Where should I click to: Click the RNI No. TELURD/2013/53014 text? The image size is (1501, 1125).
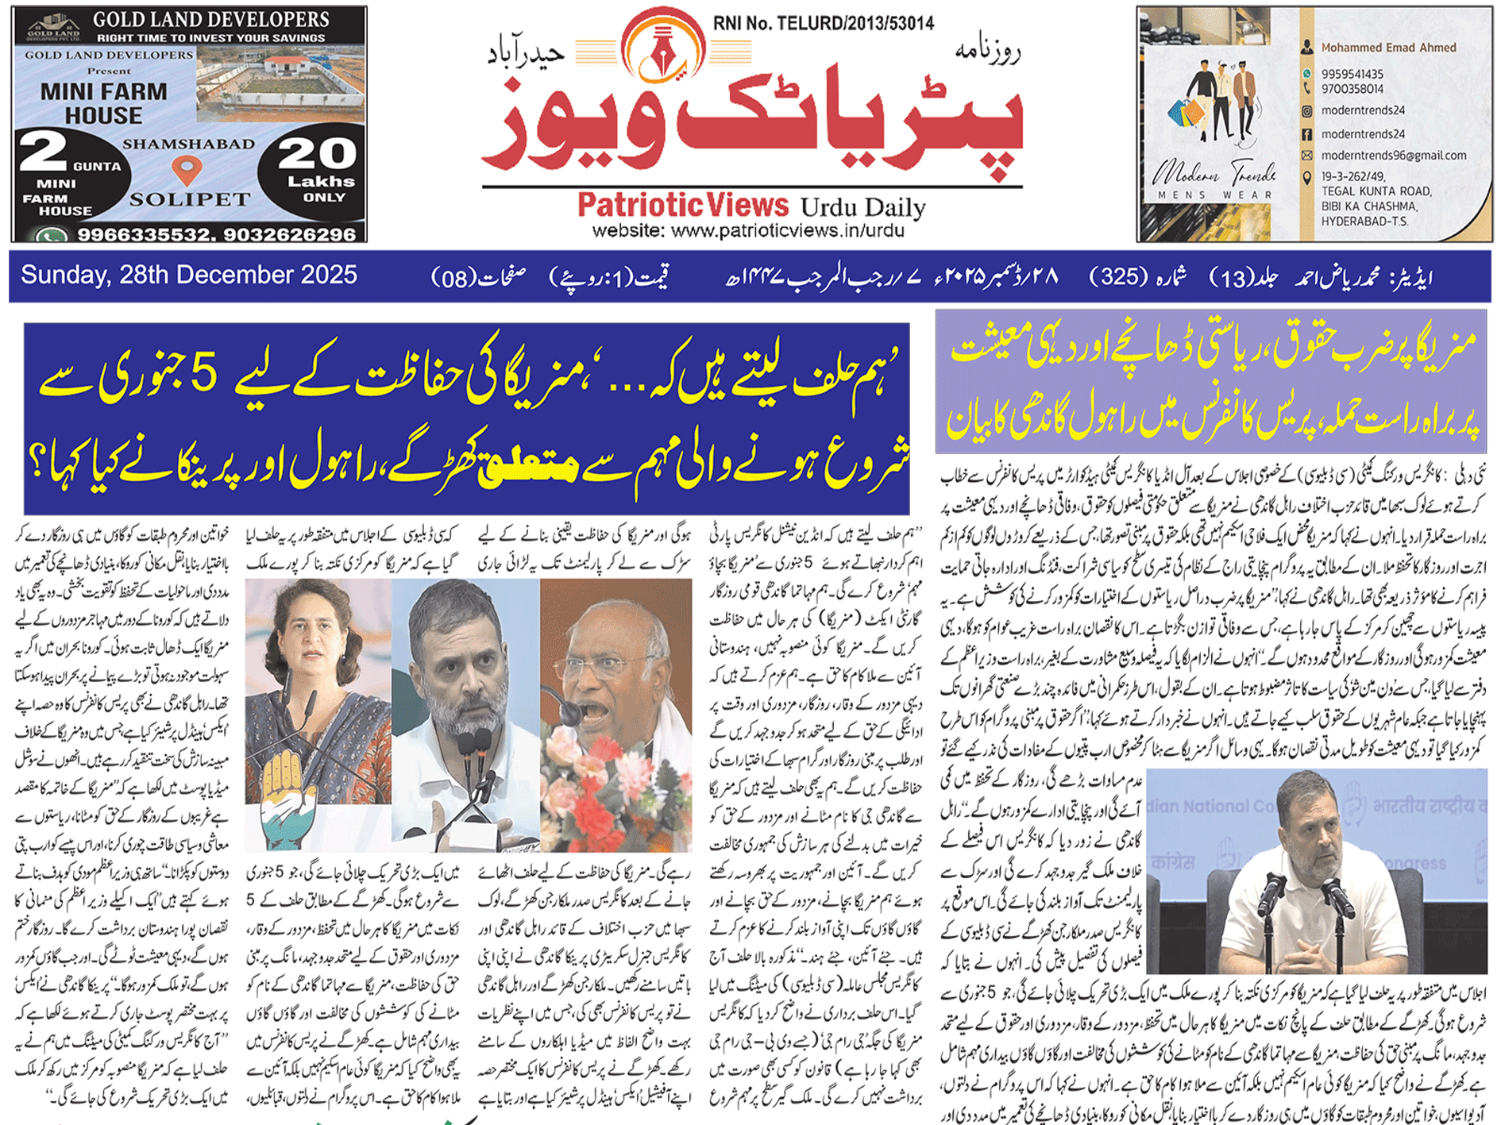pyautogui.click(x=823, y=24)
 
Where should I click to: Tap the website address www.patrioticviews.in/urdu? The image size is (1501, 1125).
pyautogui.click(x=747, y=231)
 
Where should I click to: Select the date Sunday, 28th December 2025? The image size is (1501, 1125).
pyautogui.click(x=189, y=275)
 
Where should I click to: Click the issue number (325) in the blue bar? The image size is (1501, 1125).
pyautogui.click(x=1118, y=278)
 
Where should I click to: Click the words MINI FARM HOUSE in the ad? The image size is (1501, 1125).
pyautogui.click(x=103, y=103)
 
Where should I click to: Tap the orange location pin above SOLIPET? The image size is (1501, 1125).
pyautogui.click(x=187, y=170)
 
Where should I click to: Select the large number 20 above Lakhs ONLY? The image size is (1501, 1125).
pyautogui.click(x=317, y=154)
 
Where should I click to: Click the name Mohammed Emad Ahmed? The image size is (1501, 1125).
pyautogui.click(x=1388, y=48)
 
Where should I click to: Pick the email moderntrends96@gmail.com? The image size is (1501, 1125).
pyautogui.click(x=1393, y=156)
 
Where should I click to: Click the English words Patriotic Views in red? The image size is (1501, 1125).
pyautogui.click(x=683, y=206)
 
